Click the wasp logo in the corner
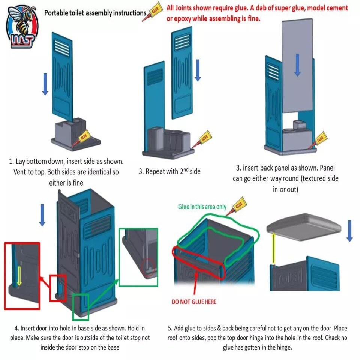[22, 27]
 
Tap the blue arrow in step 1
[45, 84]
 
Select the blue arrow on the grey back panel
[297, 64]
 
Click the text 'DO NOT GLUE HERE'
[194, 302]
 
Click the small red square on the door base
[58, 288]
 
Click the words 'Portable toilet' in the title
[64, 13]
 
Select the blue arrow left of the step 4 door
[42, 214]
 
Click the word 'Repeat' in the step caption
[156, 172]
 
